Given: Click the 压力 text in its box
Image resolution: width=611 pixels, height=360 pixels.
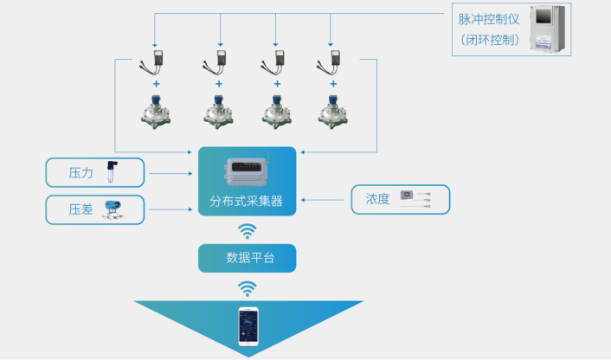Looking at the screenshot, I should click(x=80, y=173).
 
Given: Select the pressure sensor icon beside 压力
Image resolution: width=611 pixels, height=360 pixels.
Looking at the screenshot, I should click(x=111, y=172).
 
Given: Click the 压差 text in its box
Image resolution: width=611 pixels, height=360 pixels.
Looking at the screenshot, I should click(x=80, y=209).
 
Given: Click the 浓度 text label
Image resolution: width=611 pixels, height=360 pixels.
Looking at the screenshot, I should click(x=377, y=200).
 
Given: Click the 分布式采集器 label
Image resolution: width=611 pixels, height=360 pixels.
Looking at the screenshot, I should click(x=247, y=202).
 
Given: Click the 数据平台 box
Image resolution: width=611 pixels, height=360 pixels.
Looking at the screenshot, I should click(x=247, y=258).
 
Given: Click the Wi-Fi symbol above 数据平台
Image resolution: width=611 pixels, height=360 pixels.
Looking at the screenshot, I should click(x=248, y=231).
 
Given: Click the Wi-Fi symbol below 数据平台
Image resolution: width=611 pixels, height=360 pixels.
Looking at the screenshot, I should click(x=248, y=286).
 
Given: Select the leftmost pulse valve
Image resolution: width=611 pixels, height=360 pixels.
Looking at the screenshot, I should click(x=157, y=112).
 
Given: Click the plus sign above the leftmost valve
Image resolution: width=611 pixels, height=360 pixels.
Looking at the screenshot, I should click(x=157, y=84).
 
